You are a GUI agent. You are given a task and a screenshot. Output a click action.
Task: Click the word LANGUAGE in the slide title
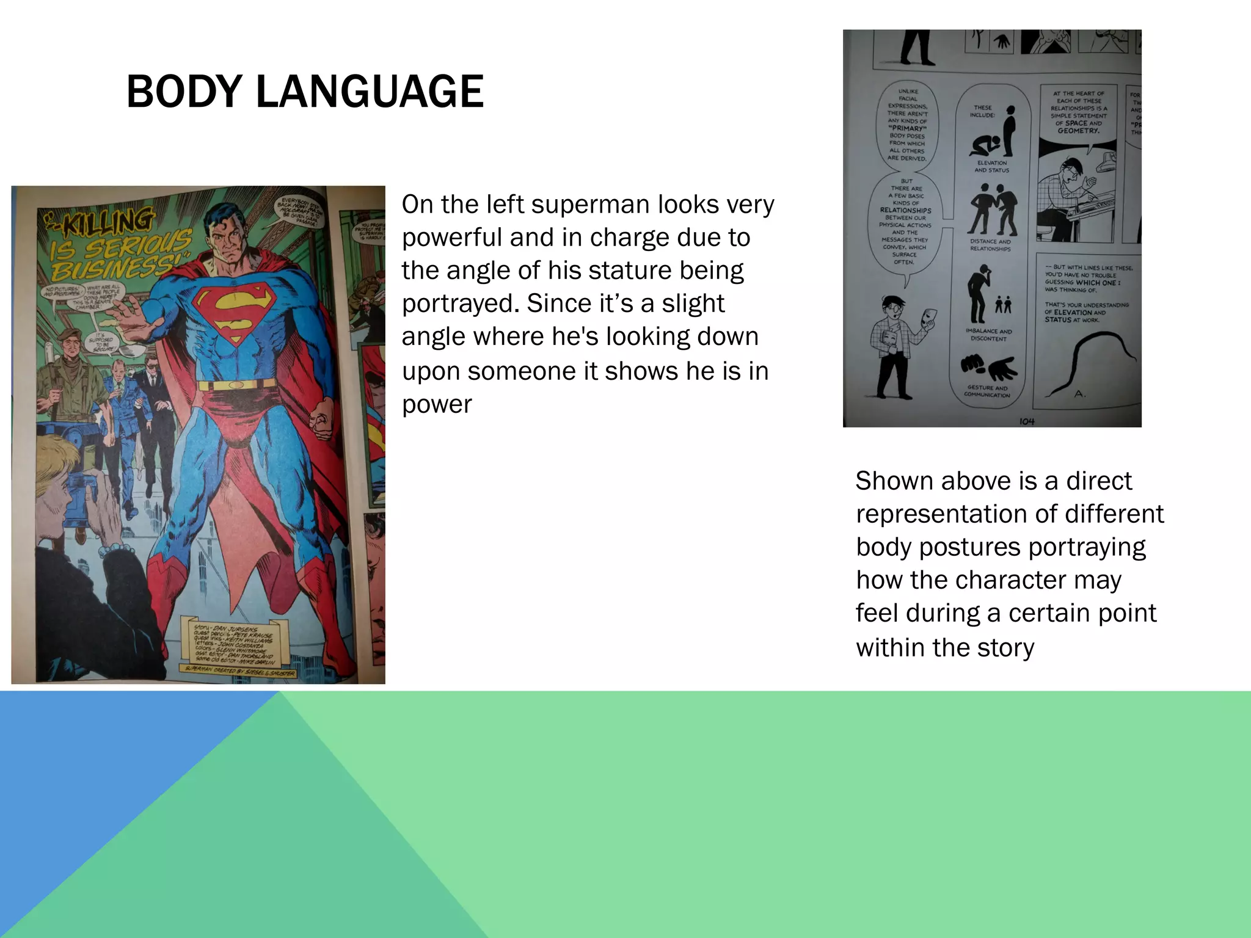click(370, 92)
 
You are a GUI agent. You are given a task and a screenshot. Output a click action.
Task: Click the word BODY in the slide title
click(184, 92)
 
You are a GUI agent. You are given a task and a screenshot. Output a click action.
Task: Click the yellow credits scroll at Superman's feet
click(236, 644)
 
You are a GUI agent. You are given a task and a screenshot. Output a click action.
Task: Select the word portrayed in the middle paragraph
click(459, 304)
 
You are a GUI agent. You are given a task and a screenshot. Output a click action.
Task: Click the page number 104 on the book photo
click(1027, 421)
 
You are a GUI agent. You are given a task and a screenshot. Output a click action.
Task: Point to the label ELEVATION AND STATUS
click(991, 167)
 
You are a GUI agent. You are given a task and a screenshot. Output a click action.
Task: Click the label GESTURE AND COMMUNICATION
click(987, 391)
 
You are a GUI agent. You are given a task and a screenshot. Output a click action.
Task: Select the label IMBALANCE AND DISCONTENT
click(988, 335)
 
